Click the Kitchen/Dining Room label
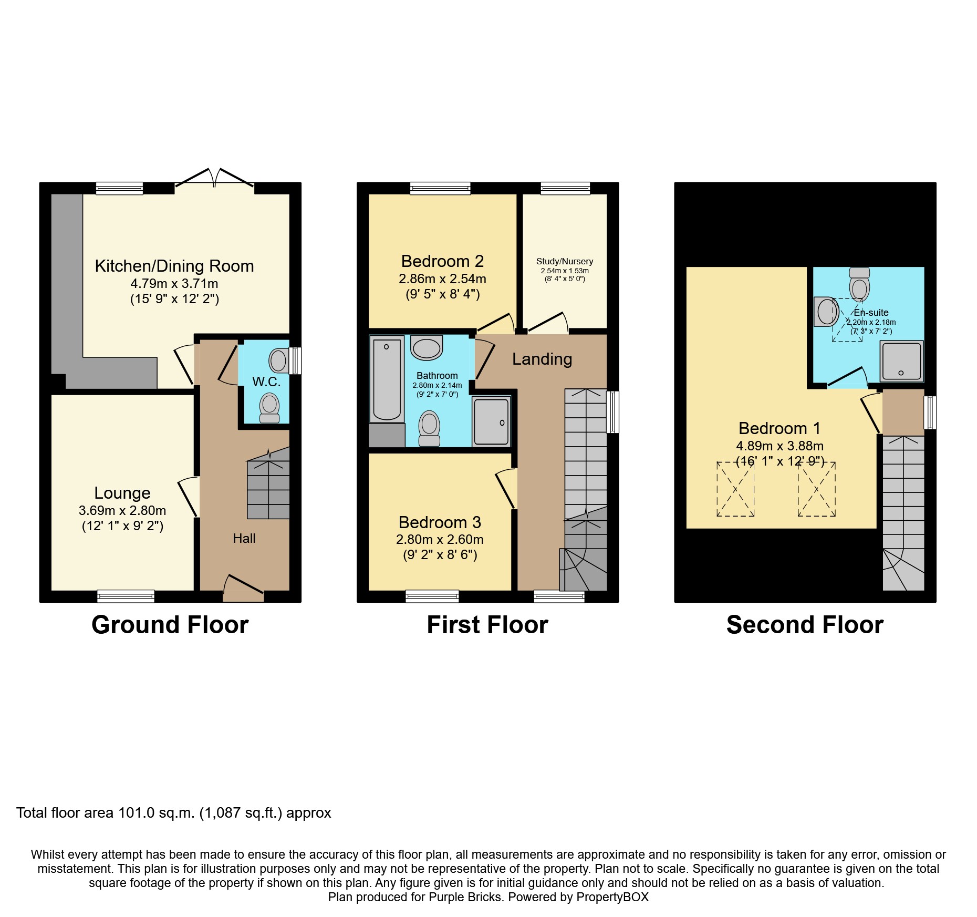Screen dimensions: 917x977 (x=174, y=266)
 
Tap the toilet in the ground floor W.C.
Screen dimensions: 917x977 (x=269, y=408)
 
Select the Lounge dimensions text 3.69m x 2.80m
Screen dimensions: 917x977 (x=122, y=510)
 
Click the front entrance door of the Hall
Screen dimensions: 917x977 (x=243, y=588)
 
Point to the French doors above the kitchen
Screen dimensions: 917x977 (x=214, y=179)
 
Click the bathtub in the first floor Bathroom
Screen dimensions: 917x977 (x=387, y=379)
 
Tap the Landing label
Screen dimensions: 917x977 (x=542, y=359)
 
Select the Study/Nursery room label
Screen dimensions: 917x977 (x=565, y=261)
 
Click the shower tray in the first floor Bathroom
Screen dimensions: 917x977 (x=491, y=421)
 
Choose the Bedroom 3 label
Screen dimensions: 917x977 (x=440, y=522)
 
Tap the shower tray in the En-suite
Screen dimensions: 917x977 (x=901, y=361)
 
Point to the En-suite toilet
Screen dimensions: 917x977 (x=859, y=284)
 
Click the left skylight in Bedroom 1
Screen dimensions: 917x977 (x=735, y=489)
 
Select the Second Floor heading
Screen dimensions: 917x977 (x=805, y=625)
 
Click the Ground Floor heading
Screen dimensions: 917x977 (x=170, y=625)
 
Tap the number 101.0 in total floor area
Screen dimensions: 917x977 (x=136, y=813)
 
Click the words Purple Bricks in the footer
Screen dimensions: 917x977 (x=465, y=897)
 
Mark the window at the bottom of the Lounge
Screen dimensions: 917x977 (x=126, y=596)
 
